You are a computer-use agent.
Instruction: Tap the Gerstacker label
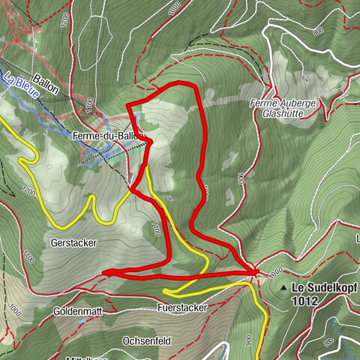pos(72,243)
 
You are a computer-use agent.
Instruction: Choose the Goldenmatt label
pos(76,310)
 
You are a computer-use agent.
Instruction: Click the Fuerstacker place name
pos(181,307)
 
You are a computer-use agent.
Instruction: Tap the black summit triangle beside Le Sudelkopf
pos(282,288)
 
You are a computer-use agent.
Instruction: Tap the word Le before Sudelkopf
pos(298,287)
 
